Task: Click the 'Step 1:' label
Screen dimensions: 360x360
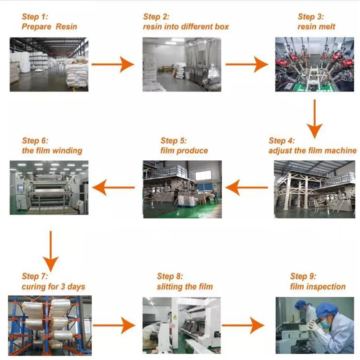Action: coord(35,17)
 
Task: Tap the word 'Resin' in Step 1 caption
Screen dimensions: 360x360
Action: coord(66,27)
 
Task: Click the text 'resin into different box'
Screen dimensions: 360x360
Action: coord(186,27)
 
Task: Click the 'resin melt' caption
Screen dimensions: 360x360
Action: coord(316,27)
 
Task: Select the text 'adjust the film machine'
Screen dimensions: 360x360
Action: coord(312,151)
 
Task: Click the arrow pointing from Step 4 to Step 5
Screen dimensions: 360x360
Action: coord(246,187)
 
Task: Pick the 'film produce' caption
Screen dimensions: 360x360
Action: coord(184,151)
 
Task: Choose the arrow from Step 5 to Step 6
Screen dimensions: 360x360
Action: coord(114,187)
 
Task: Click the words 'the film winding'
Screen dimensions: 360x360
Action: coord(52,151)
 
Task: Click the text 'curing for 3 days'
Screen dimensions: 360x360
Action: coord(54,287)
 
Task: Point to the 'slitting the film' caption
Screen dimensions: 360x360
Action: coord(185,287)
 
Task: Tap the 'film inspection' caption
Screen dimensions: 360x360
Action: coord(318,287)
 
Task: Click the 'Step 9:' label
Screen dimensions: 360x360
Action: coord(303,276)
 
